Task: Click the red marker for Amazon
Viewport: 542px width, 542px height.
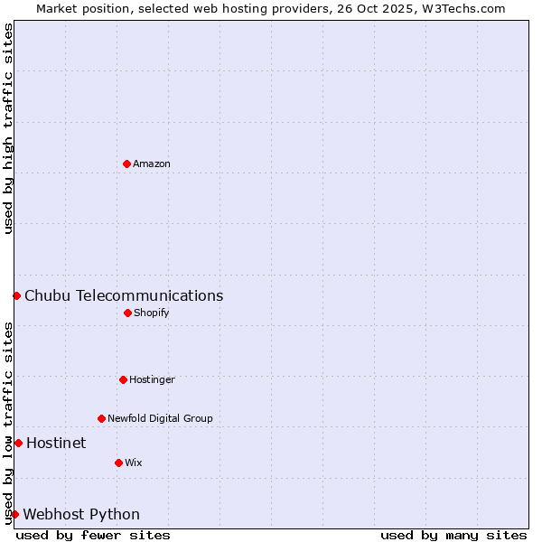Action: pyautogui.click(x=126, y=164)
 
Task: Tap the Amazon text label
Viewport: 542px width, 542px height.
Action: pyautogui.click(x=152, y=164)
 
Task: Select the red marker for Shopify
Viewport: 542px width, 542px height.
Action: pyautogui.click(x=127, y=313)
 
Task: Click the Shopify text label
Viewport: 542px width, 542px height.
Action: pyautogui.click(x=152, y=313)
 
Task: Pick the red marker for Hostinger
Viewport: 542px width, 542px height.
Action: pyautogui.click(x=123, y=379)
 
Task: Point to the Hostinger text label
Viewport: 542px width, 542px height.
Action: pyautogui.click(x=152, y=379)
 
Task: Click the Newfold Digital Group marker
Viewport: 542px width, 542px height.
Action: pyautogui.click(x=101, y=418)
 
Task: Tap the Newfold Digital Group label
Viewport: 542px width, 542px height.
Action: pyautogui.click(x=160, y=418)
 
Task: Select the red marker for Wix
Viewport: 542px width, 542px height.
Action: pyautogui.click(x=118, y=463)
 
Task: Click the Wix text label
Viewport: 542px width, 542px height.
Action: pyautogui.click(x=134, y=463)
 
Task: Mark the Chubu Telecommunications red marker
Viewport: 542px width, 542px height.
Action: pyautogui.click(x=16, y=295)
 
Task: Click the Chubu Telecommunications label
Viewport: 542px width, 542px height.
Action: pyautogui.click(x=124, y=295)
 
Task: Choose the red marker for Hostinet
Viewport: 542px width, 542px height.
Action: pyautogui.click(x=18, y=443)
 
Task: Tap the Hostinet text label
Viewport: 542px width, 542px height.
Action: pyautogui.click(x=56, y=443)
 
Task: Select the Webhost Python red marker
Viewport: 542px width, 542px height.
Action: pyautogui.click(x=14, y=514)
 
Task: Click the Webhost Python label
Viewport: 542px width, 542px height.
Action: pyautogui.click(x=81, y=514)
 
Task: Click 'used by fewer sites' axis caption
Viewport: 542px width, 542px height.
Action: pyautogui.click(x=93, y=535)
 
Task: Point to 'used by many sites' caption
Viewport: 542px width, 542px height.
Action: pyautogui.click(x=453, y=535)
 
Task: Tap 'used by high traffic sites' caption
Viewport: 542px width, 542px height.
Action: pyautogui.click(x=8, y=128)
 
